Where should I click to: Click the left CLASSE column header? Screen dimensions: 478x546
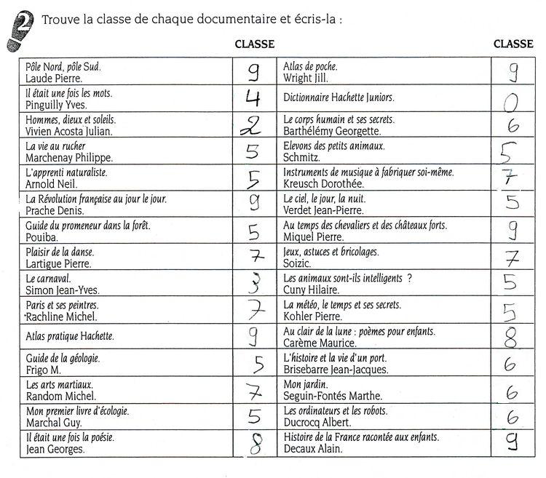[x=254, y=44]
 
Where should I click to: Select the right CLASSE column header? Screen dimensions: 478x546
[x=513, y=44]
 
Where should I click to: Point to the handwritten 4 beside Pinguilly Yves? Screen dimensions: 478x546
[x=253, y=98]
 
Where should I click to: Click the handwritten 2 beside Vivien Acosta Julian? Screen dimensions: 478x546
[x=251, y=126]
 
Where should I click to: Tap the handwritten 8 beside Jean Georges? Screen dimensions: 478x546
[x=254, y=443]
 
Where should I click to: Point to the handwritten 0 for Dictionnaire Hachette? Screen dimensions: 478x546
[x=512, y=103]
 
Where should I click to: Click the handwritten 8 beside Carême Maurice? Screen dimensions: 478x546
[x=511, y=338]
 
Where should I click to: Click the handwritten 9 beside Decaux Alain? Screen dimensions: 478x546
[x=513, y=442]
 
